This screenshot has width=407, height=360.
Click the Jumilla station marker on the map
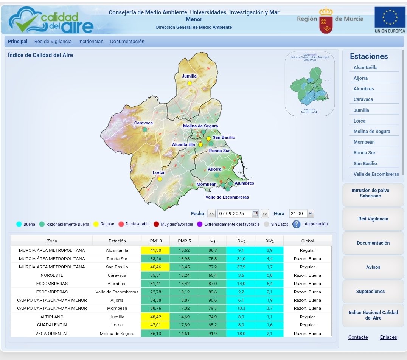tap(190, 83)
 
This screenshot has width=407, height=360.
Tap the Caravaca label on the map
tap(143, 123)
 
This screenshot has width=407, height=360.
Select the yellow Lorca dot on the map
tap(160, 179)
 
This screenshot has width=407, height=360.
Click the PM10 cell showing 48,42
tap(155, 317)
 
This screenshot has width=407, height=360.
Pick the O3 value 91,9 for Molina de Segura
tap(212, 334)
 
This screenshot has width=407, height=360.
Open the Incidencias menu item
tap(91, 42)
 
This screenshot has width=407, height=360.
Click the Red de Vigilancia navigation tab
tap(53, 42)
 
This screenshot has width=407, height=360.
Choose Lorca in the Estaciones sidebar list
tap(360, 121)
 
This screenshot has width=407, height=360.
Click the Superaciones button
tap(370, 292)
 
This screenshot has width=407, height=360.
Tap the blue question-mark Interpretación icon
tap(297, 224)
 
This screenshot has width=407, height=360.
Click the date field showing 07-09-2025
tap(235, 214)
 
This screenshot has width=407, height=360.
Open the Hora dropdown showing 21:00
tap(301, 214)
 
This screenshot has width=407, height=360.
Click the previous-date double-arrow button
tap(212, 214)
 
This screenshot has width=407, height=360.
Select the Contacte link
tap(358, 337)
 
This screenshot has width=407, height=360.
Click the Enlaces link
tap(388, 337)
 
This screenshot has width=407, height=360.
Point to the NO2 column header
tap(241, 241)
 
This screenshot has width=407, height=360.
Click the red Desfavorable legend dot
tap(121, 224)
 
